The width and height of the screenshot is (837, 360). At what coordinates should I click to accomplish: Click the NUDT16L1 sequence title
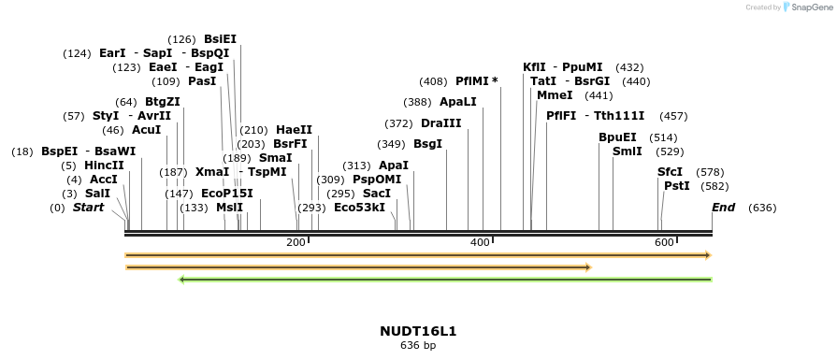coord(418,331)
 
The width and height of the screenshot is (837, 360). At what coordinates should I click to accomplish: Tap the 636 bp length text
coord(418,346)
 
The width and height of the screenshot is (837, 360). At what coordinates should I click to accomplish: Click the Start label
coord(88,207)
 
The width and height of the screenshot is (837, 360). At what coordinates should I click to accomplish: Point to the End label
coord(723,207)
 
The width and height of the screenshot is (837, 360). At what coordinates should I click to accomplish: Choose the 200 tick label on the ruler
coord(296,243)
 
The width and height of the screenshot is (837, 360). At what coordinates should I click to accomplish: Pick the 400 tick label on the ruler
coord(480,243)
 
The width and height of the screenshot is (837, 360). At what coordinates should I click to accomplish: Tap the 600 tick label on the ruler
coord(664,243)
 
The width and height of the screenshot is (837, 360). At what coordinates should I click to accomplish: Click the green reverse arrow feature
coord(445,279)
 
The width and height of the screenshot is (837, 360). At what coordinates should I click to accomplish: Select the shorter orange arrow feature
coord(358,267)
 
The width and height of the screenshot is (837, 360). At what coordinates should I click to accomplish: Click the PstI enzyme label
coord(676,186)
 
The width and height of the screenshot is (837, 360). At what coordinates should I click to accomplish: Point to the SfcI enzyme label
coord(670,172)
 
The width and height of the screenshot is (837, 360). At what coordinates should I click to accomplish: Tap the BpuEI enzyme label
coord(617,137)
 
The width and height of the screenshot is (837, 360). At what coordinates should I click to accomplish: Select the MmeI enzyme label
coord(555,95)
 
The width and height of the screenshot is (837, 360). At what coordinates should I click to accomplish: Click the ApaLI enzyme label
coord(458,102)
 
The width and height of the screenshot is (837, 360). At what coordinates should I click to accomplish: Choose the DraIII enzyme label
coord(440,123)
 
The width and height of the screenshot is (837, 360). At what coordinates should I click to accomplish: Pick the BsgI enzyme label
coord(427,144)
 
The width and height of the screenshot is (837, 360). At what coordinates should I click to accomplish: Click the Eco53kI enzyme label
coord(359,207)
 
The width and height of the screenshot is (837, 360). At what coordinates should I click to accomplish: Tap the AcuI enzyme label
coord(146,130)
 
